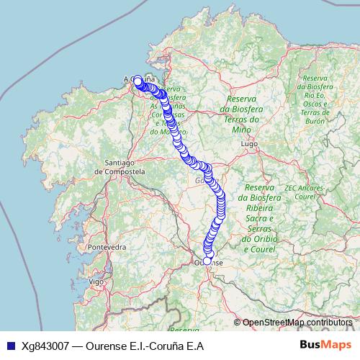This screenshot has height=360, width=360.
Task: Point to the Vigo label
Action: [x=96, y=282]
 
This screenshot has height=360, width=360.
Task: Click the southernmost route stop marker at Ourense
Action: [x=207, y=261]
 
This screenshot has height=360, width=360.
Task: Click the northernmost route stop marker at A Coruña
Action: [x=138, y=79]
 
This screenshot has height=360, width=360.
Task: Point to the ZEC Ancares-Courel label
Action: [x=305, y=192]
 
